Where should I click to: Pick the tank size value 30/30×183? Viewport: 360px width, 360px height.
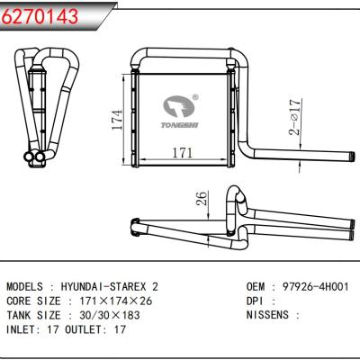coord(120,315)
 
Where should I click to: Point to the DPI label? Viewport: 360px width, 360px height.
coord(256,300)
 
